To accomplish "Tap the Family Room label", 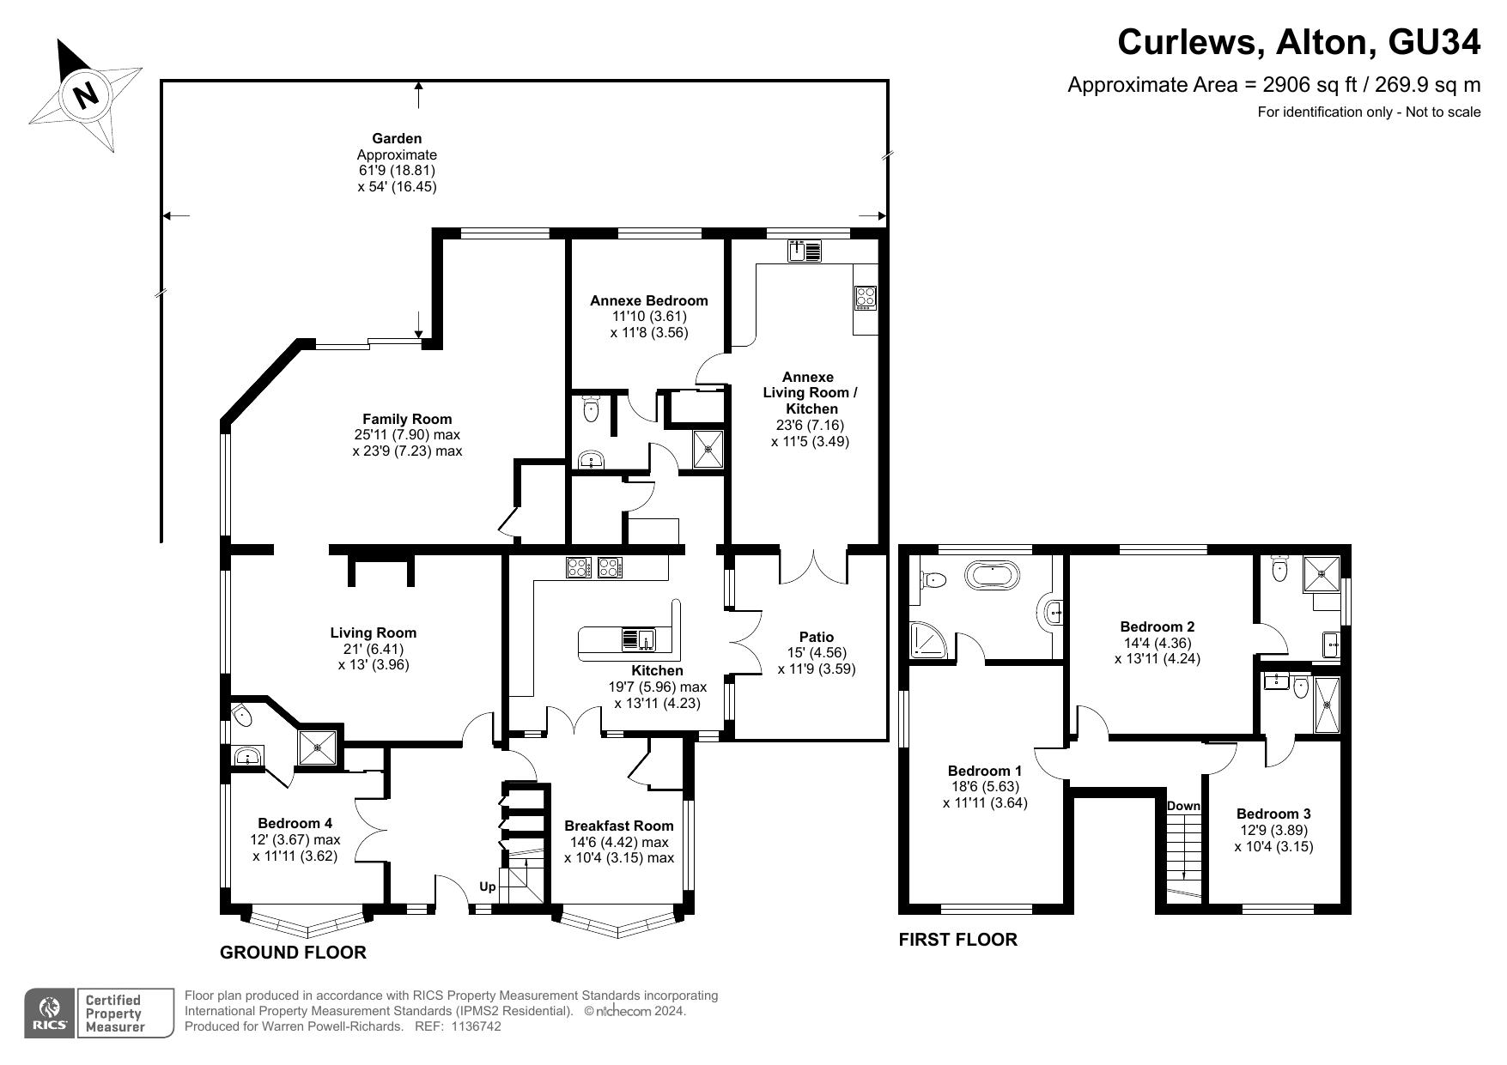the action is tap(407, 419).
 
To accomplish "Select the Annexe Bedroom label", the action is tap(649, 300).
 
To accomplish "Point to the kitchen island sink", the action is tap(638, 639).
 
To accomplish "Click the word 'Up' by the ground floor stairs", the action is tap(487, 886).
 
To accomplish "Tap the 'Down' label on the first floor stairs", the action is tap(1183, 806).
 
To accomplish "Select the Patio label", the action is tap(816, 637).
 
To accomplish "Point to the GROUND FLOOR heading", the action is tap(293, 953).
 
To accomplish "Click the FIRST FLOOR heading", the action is tap(957, 940).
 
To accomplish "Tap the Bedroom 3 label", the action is tap(1273, 814).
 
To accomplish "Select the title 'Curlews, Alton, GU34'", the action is tap(1299, 42).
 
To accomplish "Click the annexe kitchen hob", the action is tap(865, 297).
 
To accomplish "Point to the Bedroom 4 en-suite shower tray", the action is tap(319, 746).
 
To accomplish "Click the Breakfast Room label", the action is tap(618, 826).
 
